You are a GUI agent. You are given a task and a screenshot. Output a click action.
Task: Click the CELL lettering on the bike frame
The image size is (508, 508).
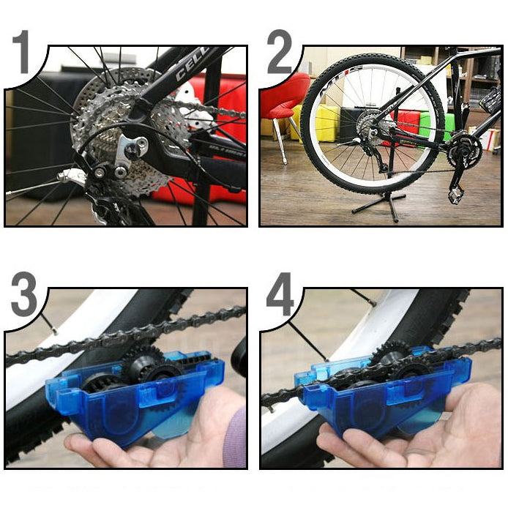[192, 64]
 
